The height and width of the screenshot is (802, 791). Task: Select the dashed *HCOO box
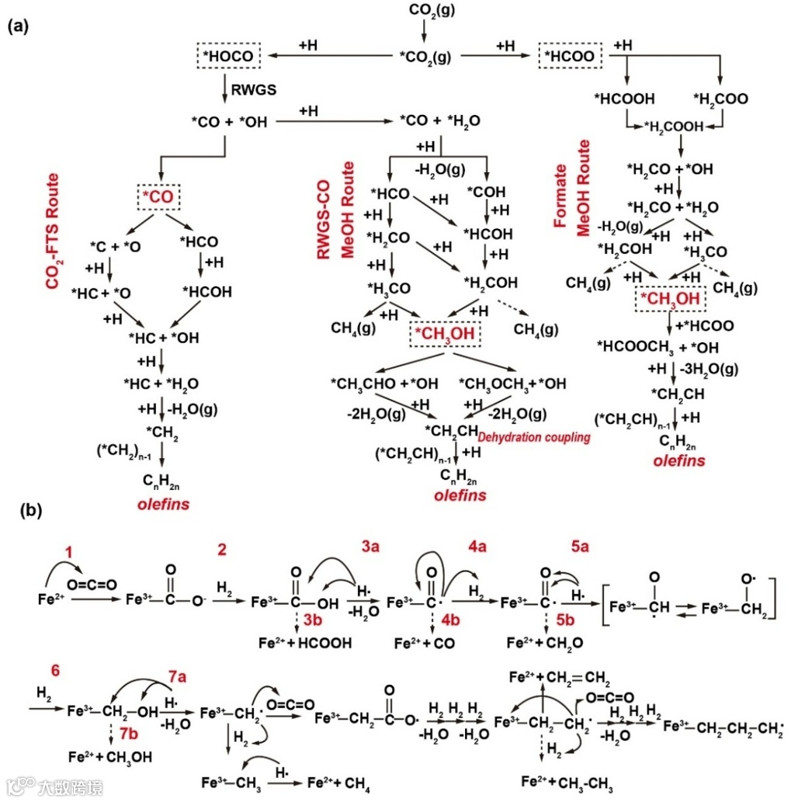tap(571, 56)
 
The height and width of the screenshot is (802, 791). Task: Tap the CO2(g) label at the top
tap(423, 12)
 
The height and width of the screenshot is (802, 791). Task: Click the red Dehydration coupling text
tap(534, 438)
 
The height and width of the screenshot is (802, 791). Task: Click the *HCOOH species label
tap(624, 99)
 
